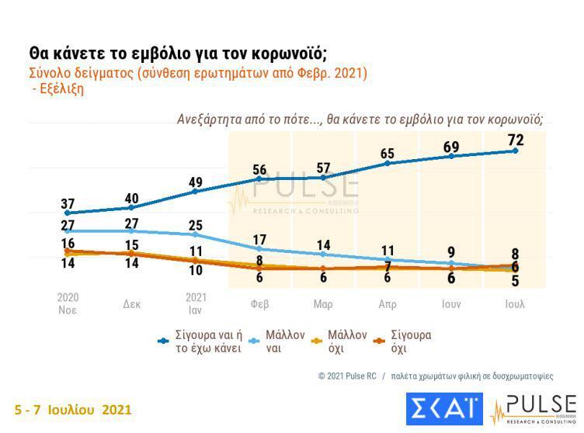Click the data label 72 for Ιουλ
[515, 140]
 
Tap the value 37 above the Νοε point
[68, 204]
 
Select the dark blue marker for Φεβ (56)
[259, 178]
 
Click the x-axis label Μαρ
[323, 304]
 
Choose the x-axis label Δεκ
[132, 304]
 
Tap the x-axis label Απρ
[387, 304]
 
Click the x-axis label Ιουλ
[515, 304]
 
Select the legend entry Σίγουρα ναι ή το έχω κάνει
[207, 341]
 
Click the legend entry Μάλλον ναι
[285, 341]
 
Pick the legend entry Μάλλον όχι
[347, 341]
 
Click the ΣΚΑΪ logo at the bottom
[444, 409]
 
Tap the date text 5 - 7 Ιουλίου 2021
[73, 409]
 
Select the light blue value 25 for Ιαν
[196, 225]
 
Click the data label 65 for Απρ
[387, 154]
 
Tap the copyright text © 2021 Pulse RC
[347, 376]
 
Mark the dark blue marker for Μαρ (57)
[323, 177]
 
